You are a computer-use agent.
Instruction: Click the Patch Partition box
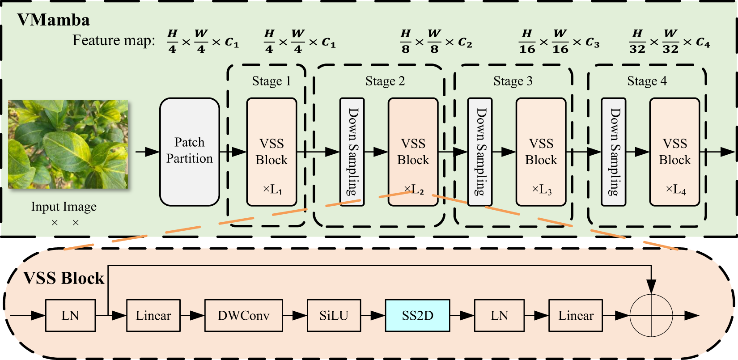pos(189,152)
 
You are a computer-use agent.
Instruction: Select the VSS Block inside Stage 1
pos(271,152)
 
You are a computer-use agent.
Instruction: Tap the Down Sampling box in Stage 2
pos(352,152)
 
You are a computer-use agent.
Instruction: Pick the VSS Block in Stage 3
pos(541,152)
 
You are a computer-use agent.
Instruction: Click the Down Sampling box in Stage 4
pos(613,152)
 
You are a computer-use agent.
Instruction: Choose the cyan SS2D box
pos(417,315)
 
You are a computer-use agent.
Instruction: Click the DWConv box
pos(243,315)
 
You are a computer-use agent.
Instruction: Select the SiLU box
pos(334,315)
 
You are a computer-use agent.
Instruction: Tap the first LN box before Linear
pos(70,315)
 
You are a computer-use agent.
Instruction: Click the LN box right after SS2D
pos(499,315)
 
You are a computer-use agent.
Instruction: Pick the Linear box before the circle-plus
pos(575,315)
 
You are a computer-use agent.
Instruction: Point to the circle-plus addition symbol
pos(651,315)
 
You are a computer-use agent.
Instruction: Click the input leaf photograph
pos(68,144)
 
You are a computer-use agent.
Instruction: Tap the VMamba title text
pos(53,20)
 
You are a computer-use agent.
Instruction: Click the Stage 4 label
pos(647,81)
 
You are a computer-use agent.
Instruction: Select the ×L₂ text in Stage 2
pos(414,190)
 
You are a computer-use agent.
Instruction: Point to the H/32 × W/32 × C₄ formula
pos(669,42)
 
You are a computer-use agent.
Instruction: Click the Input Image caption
pos(64,207)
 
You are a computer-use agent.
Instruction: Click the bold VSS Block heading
pos(64,278)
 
